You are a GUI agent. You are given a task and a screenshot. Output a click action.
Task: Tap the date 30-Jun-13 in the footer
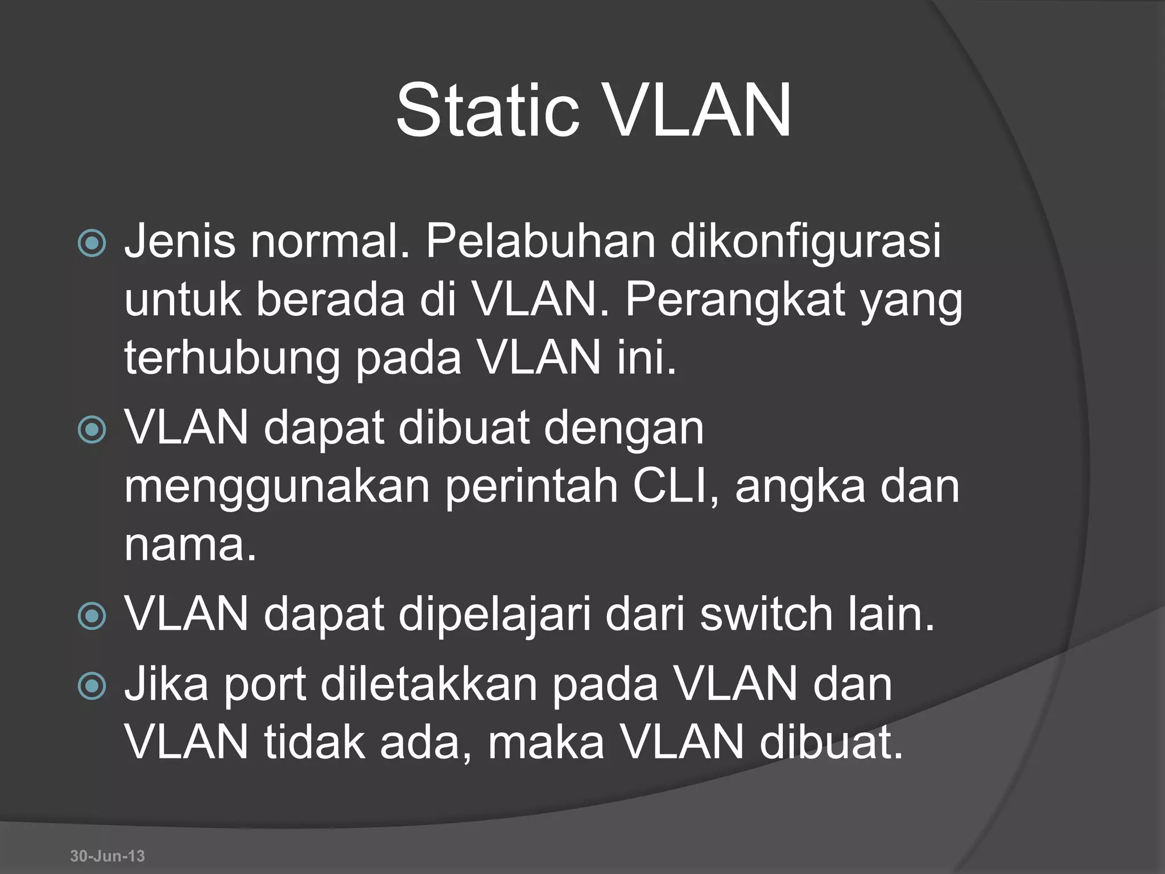[108, 856]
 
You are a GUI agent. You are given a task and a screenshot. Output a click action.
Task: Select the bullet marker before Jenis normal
[92, 244]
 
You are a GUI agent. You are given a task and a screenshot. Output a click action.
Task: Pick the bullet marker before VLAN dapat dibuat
[92, 430]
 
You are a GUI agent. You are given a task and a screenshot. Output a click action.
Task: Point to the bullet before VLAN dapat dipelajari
[92, 616]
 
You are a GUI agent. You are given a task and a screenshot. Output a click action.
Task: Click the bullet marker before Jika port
[92, 686]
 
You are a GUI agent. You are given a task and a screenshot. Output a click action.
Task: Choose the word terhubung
[232, 360]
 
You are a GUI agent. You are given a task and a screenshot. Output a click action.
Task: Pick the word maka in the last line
[546, 743]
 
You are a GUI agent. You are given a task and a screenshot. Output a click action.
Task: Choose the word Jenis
[180, 241]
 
